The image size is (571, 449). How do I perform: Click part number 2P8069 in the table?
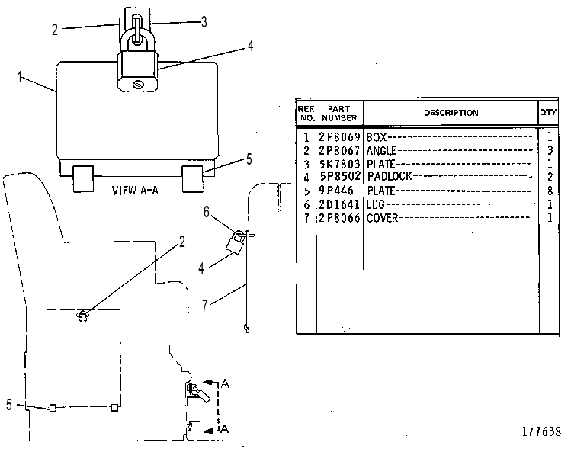339,137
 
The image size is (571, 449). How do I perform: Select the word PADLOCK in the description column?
390,176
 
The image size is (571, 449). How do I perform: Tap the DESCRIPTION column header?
451,113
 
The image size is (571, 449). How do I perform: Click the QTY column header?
548,112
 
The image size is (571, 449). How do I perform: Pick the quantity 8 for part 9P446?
550,191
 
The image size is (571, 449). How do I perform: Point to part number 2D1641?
339,204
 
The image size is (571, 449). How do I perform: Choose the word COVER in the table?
383,218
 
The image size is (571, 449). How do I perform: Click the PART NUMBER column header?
339,114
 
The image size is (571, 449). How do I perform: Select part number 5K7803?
339,164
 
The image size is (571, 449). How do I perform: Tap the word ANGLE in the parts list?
381,150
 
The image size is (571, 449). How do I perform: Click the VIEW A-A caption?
135,191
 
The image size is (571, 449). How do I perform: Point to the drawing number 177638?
541,432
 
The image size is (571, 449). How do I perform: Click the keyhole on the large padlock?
139,85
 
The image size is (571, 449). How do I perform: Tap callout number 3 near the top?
204,22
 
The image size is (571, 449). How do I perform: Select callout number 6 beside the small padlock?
207,212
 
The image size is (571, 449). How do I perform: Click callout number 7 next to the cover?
205,305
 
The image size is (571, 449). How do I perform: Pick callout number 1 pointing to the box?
20,77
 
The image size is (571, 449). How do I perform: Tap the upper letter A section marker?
225,383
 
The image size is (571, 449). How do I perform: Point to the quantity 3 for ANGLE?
550,150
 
